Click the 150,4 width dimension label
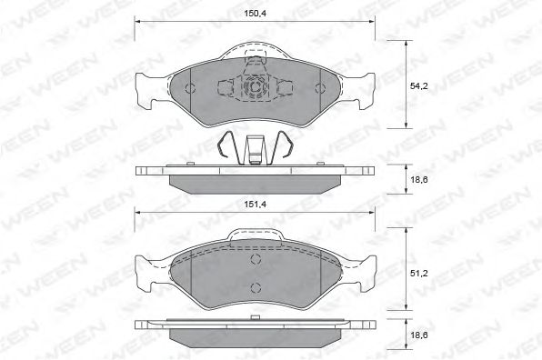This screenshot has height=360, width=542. tap(256, 14)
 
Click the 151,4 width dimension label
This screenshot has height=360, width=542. tap(256, 205)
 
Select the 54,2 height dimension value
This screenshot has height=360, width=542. tap(419, 86)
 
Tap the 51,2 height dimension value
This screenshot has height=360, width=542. tap(419, 274)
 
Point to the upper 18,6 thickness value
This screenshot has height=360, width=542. tap(419, 180)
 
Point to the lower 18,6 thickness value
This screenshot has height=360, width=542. tap(419, 335)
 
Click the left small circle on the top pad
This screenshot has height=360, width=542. tap(190, 88)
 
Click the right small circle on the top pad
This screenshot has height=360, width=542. tap(320, 88)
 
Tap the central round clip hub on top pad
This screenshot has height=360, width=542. tap(256, 88)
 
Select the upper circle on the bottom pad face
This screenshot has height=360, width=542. tap(256, 259)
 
